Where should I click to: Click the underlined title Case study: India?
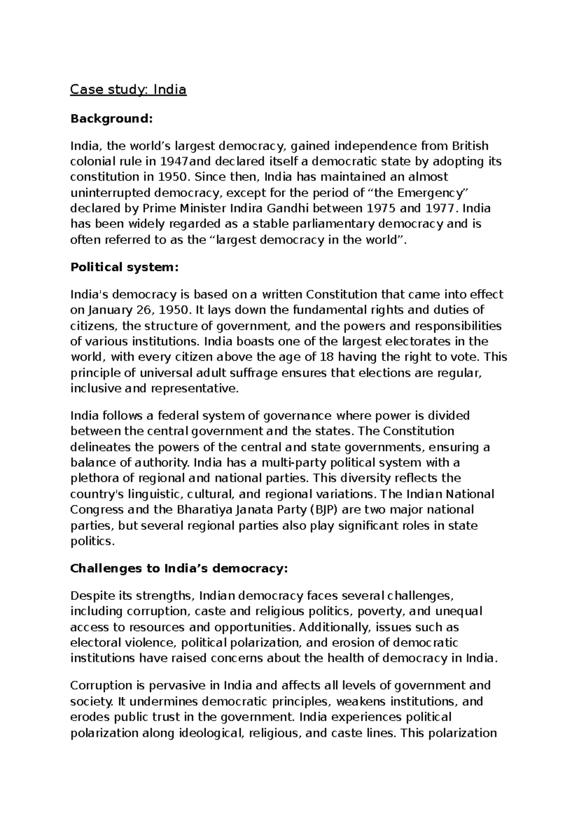[128, 89]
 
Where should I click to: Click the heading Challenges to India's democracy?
[179, 568]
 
